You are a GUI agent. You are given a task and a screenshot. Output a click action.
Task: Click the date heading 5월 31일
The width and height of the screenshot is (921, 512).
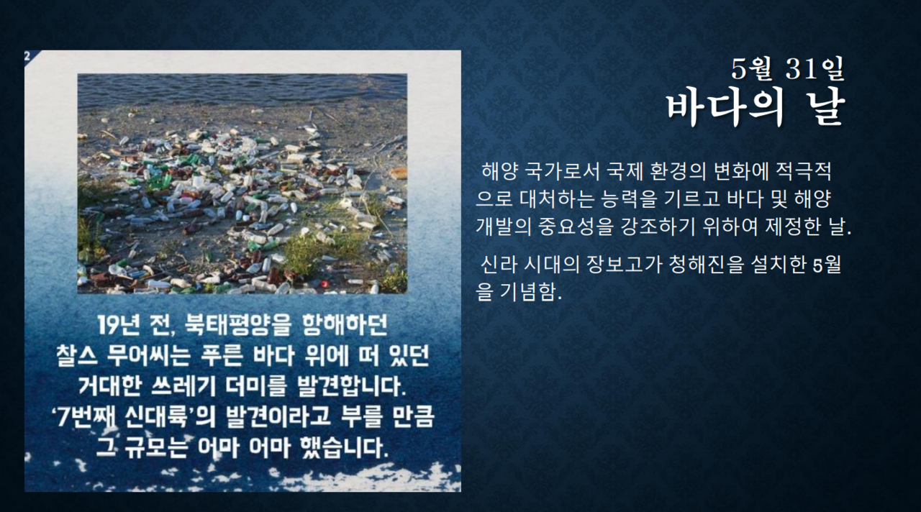click(x=788, y=68)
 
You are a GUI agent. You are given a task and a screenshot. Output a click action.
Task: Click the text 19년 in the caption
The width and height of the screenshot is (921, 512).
click(x=119, y=326)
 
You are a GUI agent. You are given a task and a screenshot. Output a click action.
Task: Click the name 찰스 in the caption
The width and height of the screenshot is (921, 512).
click(x=77, y=355)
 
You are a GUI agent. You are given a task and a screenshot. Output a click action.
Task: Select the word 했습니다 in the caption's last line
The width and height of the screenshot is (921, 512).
click(x=344, y=447)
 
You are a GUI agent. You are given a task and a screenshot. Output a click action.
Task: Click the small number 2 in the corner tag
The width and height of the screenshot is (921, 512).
click(x=27, y=56)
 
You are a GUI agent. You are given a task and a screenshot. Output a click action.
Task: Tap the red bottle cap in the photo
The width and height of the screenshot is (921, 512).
click(x=325, y=283)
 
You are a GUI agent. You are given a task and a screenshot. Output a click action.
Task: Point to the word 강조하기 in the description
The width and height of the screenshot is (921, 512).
click(x=657, y=226)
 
